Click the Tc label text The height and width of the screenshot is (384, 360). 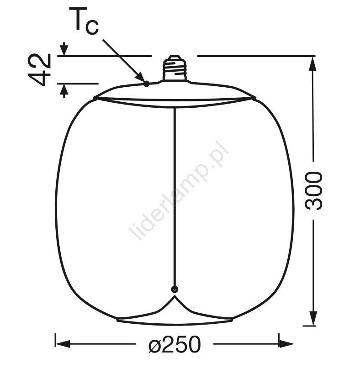[84, 21]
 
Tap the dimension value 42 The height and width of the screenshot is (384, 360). [39, 69]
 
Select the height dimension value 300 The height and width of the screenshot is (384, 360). [313, 190]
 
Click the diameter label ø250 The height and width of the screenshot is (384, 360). [175, 344]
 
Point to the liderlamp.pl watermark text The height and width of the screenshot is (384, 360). [179, 190]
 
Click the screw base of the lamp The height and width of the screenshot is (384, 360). [174, 68]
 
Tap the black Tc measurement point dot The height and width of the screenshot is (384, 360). [146, 84]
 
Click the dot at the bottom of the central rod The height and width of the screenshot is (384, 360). [174, 289]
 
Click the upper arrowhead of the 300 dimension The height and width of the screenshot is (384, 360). [313, 63]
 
